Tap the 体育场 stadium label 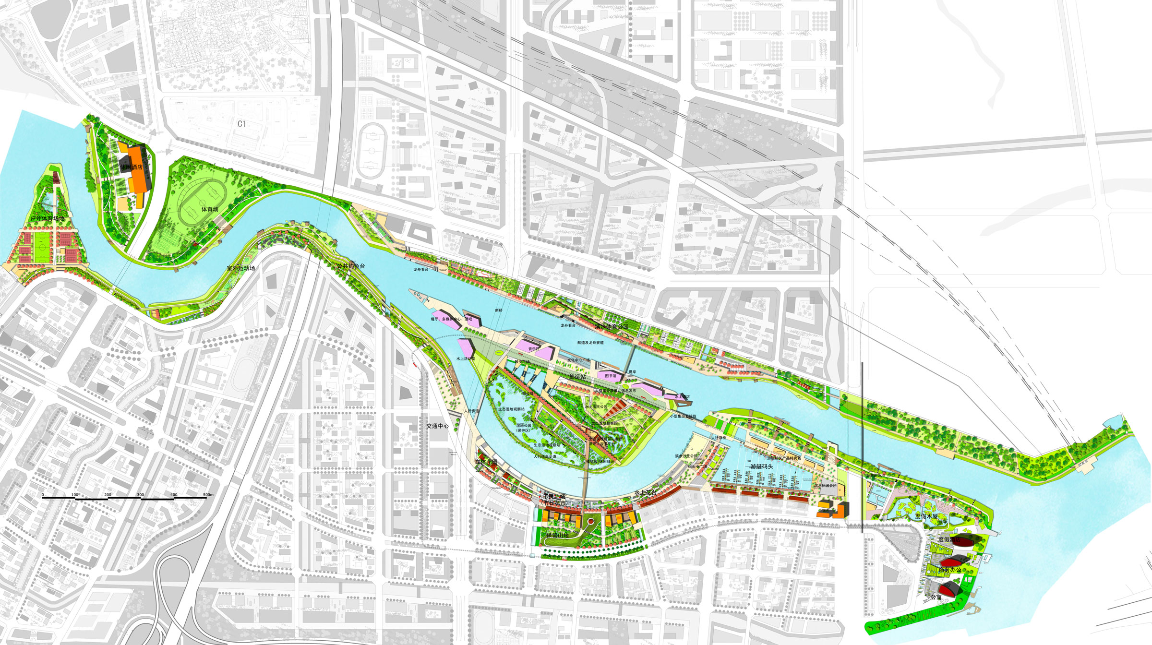210,209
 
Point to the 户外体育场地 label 47,219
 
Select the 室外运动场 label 240,268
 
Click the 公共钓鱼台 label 351,266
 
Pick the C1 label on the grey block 242,124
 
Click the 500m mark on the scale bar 208,494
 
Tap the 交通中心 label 437,426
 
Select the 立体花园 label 486,462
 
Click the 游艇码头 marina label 762,466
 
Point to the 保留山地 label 557,535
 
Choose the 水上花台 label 645,493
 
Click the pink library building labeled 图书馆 611,376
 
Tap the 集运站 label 577,377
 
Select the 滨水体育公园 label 611,327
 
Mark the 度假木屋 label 926,516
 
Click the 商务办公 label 950,570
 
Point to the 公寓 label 936,597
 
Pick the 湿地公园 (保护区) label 523,428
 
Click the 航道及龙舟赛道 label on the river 590,343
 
